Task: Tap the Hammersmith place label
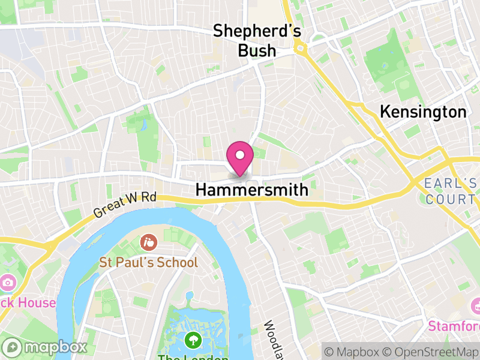tap(252, 190)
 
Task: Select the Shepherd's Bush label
tap(257, 40)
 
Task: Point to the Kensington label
tap(423, 112)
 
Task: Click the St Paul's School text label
tap(148, 262)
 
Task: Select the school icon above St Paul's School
tap(148, 243)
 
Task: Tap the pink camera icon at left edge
tap(7, 282)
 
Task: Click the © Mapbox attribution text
tap(353, 350)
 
